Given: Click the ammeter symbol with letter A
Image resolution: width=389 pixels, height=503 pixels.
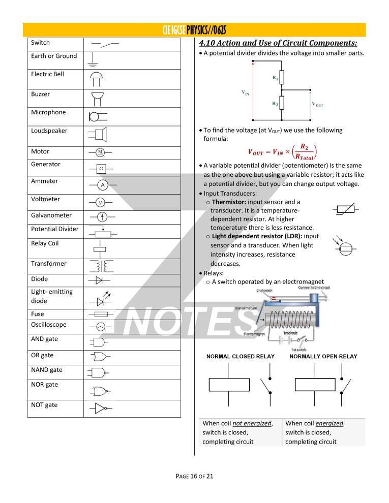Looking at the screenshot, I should pyautogui.click(x=102, y=185).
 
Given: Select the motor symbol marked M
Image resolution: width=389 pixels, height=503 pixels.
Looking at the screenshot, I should pyautogui.click(x=100, y=152).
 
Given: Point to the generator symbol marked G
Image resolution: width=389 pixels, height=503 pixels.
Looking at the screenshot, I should pyautogui.click(x=101, y=168).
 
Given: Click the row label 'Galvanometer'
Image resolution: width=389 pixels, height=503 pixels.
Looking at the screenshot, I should pyautogui.click(x=51, y=215).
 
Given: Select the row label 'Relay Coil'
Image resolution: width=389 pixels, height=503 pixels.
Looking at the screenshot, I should pyautogui.click(x=45, y=243).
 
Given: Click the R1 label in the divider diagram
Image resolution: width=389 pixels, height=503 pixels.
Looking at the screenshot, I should pyautogui.click(x=275, y=78).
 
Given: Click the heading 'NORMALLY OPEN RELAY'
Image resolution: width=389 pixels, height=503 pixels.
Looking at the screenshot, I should pyautogui.click(x=323, y=357).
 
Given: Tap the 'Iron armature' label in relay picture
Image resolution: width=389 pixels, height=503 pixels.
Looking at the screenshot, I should pyautogui.click(x=246, y=308).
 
